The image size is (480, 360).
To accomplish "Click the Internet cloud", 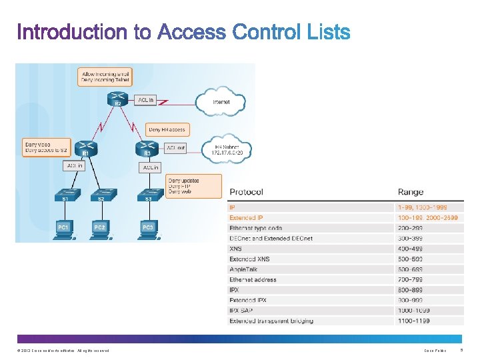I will (221, 101).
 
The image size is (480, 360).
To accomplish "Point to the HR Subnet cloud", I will (226, 149).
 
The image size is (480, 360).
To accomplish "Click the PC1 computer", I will (64, 228).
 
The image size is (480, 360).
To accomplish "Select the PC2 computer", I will (99, 228).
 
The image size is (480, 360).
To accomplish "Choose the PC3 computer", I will (148, 228).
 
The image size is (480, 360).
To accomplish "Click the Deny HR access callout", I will (167, 129).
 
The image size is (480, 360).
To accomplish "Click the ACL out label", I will (176, 147).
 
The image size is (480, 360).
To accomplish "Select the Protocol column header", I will (246, 192).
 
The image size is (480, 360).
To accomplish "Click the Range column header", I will (411, 192).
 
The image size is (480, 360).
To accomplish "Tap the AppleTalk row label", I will (243, 269).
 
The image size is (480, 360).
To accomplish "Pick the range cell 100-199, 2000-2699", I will (427, 218).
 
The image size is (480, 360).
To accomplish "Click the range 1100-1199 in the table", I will (413, 321).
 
